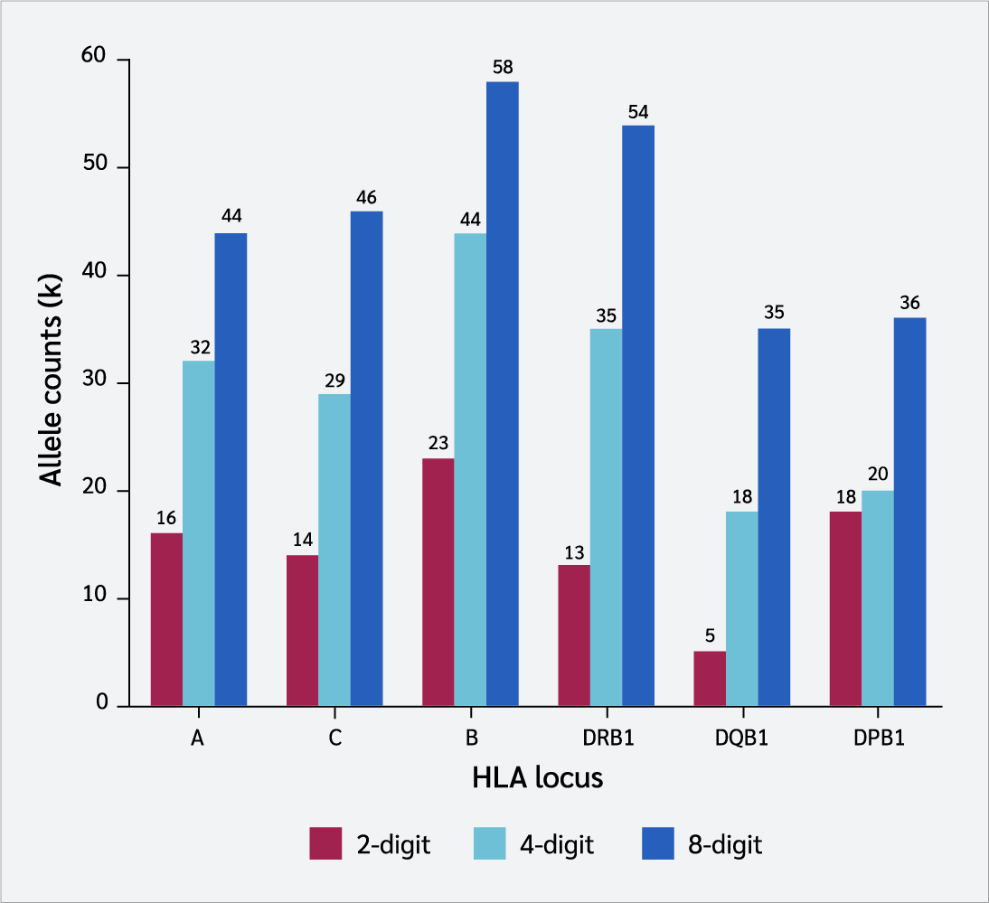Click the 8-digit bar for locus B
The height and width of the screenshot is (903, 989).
503,393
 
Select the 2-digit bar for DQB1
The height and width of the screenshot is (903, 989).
710,678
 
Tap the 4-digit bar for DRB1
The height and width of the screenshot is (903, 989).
606,517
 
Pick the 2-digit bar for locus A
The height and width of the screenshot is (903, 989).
166,619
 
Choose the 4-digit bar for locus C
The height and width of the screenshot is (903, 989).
334,550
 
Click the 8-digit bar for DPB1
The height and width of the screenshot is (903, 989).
909,512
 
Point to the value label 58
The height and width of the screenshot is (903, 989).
503,67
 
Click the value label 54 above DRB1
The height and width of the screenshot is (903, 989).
638,111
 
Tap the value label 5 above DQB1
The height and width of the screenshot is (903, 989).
710,636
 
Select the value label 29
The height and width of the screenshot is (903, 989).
334,380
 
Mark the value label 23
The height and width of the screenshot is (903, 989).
438,444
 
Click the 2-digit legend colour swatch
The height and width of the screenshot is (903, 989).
326,844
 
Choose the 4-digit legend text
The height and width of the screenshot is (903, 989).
557,845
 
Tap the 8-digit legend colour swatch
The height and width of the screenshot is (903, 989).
659,844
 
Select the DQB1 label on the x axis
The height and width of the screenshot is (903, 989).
742,738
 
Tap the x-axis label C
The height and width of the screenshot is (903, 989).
334,738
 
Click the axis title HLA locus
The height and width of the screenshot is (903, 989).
537,777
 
